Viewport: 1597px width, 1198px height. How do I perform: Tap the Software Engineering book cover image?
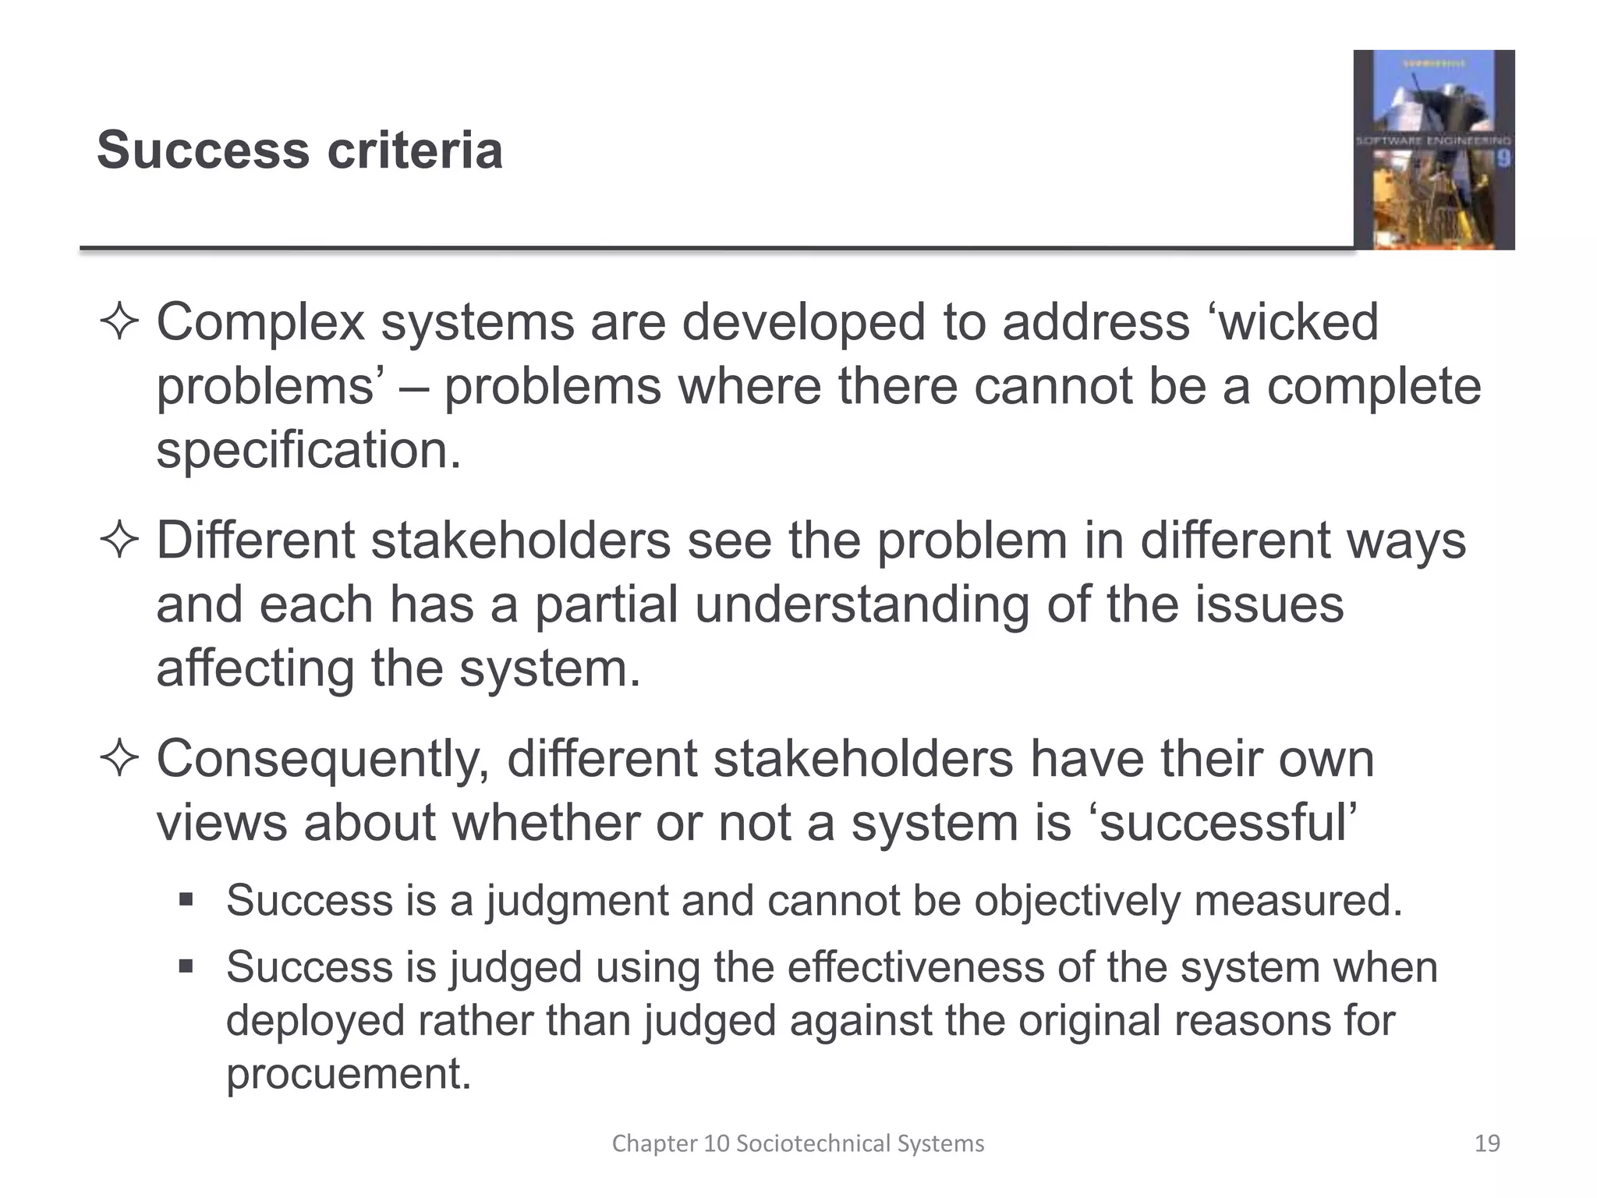click(x=1433, y=150)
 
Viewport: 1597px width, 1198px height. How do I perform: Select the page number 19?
click(x=1487, y=1143)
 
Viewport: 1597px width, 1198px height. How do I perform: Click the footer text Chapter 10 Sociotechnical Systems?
click(x=798, y=1143)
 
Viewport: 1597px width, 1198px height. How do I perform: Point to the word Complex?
click(x=260, y=323)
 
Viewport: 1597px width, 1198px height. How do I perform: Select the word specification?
click(x=309, y=451)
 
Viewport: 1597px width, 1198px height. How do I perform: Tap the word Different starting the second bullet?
click(x=255, y=541)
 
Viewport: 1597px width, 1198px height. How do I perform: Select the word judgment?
click(x=576, y=902)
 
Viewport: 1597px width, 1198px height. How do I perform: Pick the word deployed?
click(x=315, y=1022)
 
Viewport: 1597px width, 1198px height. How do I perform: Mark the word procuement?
click(x=349, y=1074)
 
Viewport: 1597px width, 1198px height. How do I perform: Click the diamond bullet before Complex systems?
click(x=119, y=323)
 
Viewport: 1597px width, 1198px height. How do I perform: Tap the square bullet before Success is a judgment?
click(x=186, y=900)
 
